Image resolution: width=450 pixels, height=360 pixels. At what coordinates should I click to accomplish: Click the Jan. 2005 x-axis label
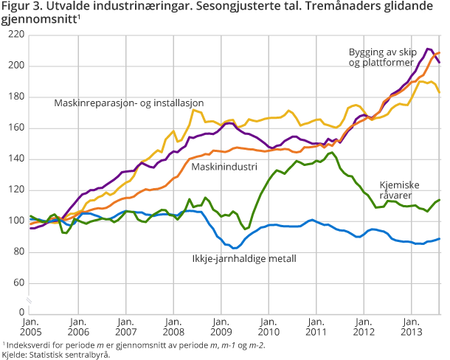point(30,327)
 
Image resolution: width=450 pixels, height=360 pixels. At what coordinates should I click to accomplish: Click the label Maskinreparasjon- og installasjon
point(128,102)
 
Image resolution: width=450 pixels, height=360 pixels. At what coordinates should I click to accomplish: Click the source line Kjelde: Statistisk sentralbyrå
point(55,354)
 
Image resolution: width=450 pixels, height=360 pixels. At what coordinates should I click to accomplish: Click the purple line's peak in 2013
point(429,49)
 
